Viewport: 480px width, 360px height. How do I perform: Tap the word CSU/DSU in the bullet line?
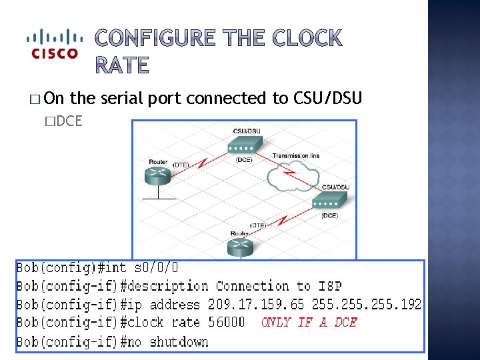tap(327, 99)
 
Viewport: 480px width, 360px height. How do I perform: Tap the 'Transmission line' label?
tap(295, 156)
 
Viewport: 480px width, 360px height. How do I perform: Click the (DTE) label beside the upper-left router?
tap(181, 164)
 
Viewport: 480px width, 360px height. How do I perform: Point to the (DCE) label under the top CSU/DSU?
tap(244, 159)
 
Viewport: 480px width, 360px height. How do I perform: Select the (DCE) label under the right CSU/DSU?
tap(329, 215)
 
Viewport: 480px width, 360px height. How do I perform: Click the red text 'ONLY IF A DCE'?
tap(309, 323)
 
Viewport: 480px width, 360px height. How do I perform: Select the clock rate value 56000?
tap(223, 323)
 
